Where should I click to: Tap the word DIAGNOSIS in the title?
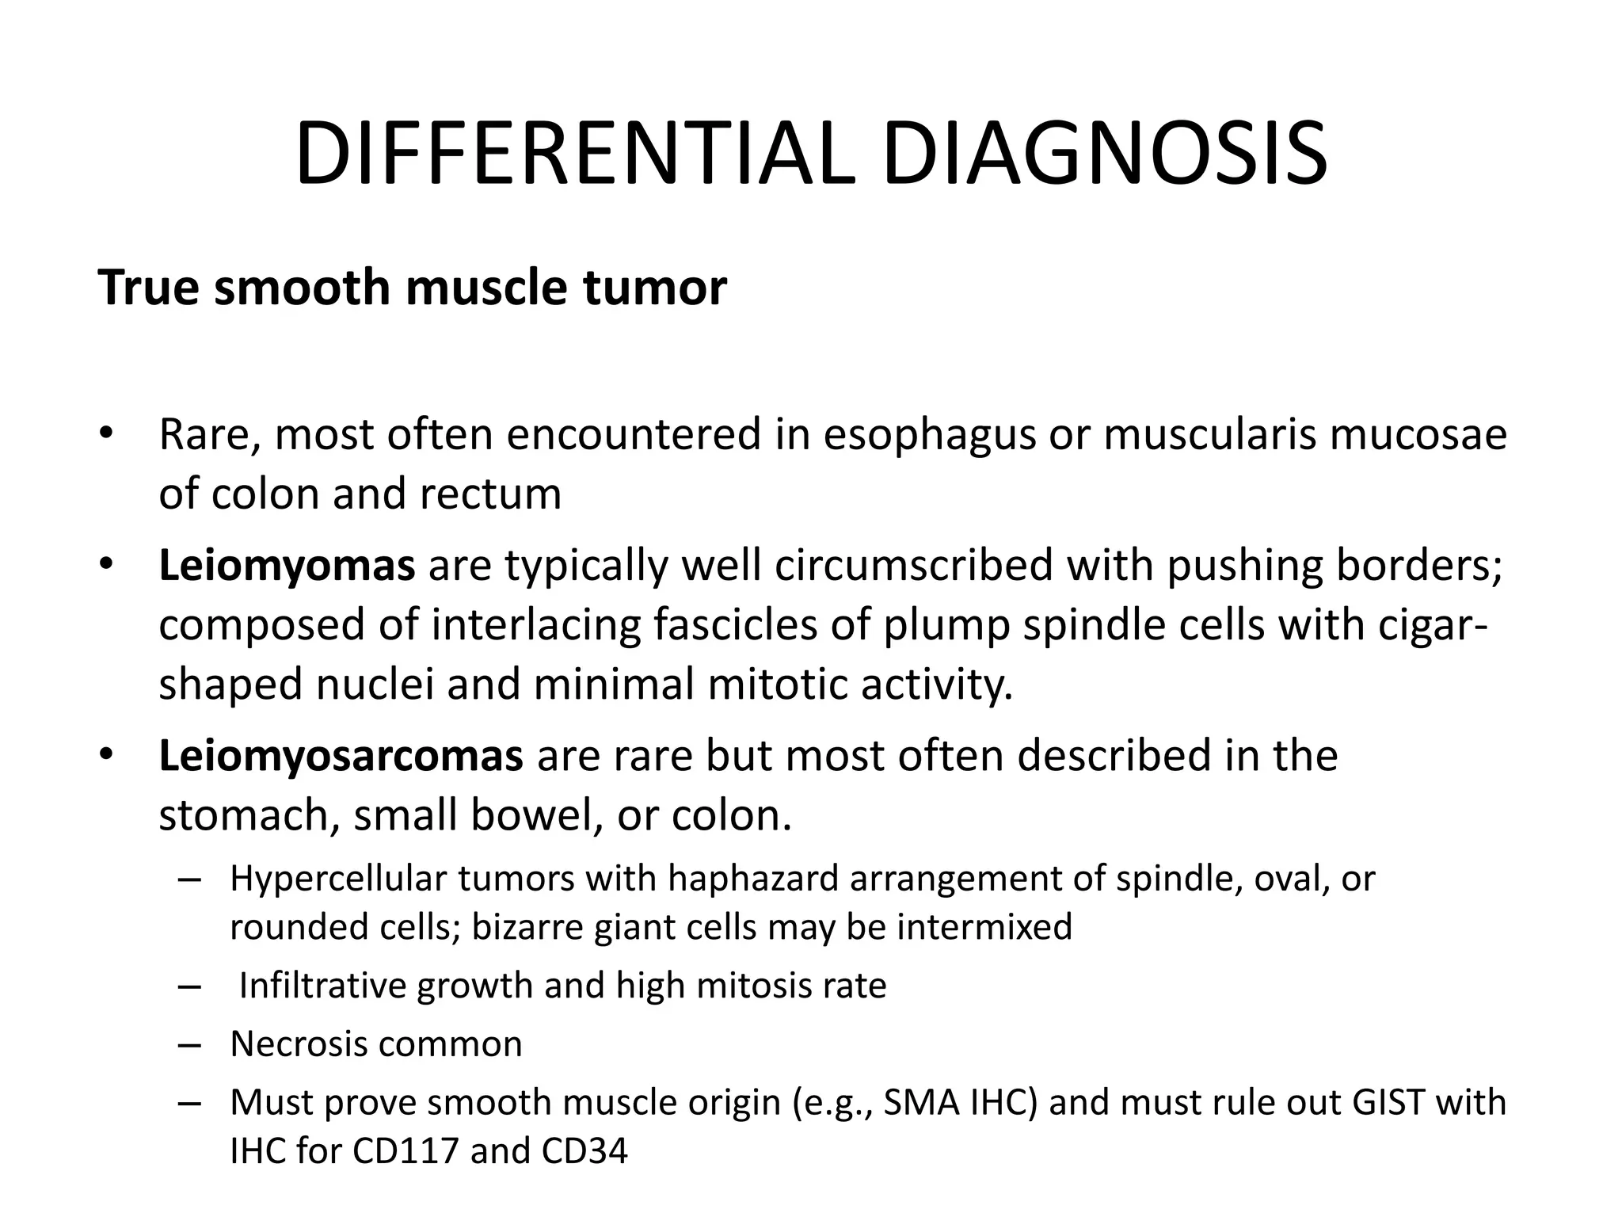[1104, 155]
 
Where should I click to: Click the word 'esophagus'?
[930, 436]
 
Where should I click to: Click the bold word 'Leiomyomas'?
[287, 566]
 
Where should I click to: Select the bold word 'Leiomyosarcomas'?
[341, 756]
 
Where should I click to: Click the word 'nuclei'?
[375, 685]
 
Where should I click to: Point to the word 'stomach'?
[247, 816]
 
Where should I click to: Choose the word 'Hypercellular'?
[335, 879]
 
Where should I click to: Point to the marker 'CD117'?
[405, 1151]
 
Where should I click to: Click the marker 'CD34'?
[584, 1151]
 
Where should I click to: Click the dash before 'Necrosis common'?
[190, 1045]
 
